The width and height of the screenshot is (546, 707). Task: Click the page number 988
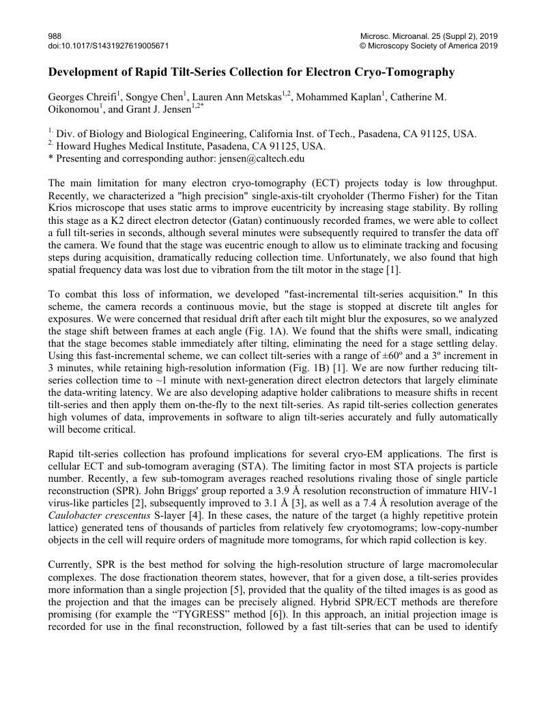tap(55, 35)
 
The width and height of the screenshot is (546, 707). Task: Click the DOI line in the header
tap(109, 46)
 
